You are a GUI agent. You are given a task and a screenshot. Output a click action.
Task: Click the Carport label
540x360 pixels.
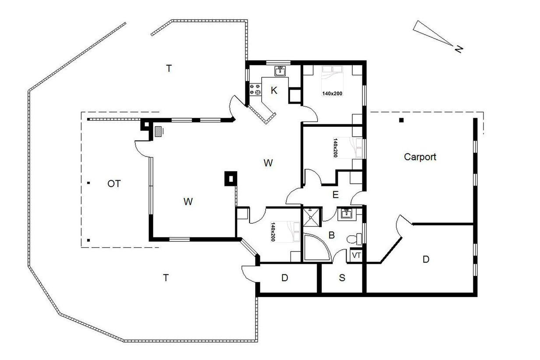420,157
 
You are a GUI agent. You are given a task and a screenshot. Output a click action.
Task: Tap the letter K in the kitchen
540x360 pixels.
274,91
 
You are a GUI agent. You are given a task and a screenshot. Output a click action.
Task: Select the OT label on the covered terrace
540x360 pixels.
114,184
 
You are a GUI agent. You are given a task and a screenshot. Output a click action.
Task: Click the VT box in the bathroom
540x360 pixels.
356,255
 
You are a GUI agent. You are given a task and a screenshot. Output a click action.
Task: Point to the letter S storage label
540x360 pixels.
342,278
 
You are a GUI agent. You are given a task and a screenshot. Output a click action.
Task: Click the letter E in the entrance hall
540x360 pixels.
335,195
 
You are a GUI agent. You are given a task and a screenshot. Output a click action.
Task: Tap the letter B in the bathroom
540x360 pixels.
332,235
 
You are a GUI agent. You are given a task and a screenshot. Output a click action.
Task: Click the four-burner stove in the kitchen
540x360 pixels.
255,89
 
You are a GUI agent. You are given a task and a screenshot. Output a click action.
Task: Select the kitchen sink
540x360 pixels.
280,71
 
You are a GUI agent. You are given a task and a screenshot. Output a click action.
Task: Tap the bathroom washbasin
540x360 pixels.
347,213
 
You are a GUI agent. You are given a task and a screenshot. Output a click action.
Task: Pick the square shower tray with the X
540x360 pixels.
311,217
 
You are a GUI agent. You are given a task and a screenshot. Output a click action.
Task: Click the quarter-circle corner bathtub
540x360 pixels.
316,248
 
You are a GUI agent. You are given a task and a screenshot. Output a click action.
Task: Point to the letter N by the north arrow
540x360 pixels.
459,49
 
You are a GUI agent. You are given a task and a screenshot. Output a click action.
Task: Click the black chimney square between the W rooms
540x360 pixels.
231,178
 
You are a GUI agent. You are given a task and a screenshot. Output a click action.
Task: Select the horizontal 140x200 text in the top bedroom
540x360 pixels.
332,94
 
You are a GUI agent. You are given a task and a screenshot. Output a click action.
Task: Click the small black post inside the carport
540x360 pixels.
401,120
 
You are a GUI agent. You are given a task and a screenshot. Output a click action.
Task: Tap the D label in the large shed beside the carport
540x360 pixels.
426,259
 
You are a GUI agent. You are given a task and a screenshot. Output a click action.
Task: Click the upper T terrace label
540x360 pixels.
169,69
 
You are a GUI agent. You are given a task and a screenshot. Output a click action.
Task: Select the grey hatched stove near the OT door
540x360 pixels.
158,132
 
